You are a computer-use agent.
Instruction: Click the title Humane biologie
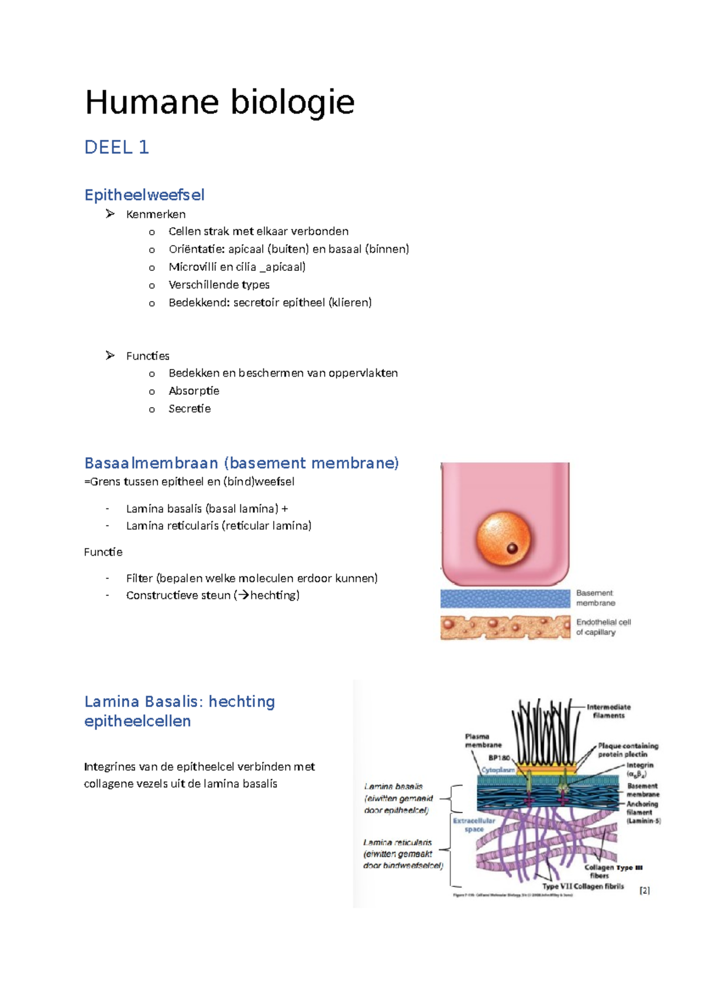click(219, 102)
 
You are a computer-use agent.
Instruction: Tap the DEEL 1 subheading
click(116, 147)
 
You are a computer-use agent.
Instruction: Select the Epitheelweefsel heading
click(144, 195)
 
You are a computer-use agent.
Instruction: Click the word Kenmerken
click(156, 214)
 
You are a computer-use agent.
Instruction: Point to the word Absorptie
click(194, 391)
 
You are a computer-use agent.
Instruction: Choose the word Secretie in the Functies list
click(190, 408)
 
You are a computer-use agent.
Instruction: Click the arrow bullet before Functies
click(110, 356)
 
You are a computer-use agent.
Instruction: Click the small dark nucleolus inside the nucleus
click(512, 549)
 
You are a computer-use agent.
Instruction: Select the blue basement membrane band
click(505, 598)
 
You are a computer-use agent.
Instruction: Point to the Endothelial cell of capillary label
click(603, 627)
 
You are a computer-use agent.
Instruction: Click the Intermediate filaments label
click(608, 711)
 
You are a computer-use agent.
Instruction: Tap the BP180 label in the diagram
click(499, 758)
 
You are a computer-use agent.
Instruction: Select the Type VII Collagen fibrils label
click(583, 886)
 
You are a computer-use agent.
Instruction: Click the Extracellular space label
click(474, 825)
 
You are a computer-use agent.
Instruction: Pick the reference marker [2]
click(645, 890)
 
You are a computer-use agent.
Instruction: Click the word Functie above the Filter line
click(103, 552)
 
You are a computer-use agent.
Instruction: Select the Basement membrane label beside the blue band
click(595, 598)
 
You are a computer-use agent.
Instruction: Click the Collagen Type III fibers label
click(612, 872)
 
